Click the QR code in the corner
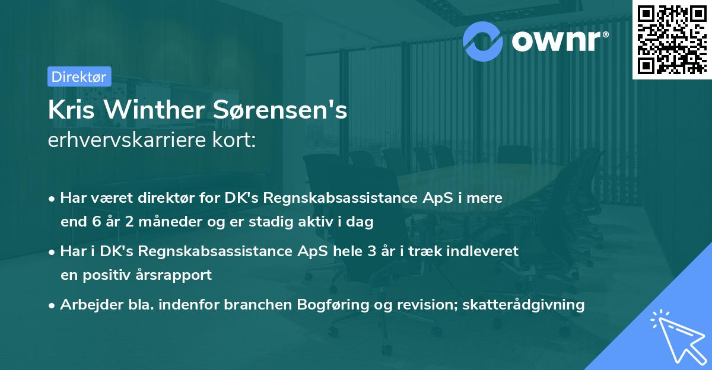point(672,39)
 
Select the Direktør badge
point(79,76)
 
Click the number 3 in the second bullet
point(372,251)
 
